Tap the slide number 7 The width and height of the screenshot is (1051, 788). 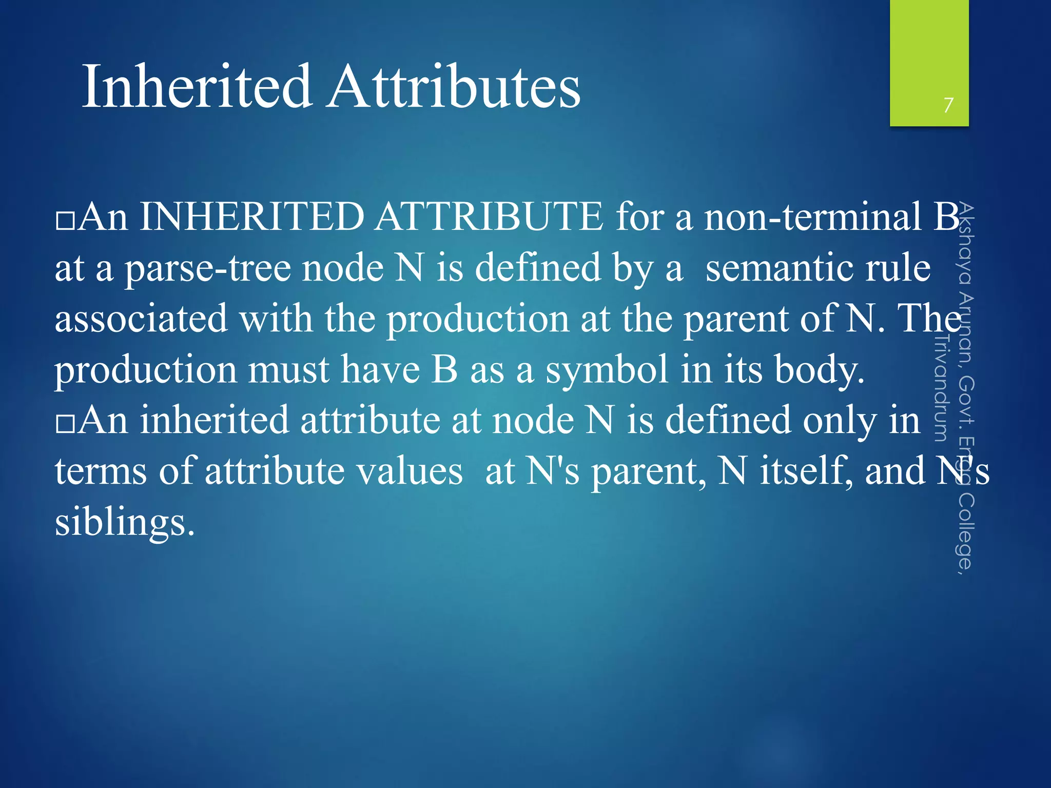tap(948, 105)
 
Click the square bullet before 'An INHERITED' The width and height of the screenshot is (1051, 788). tap(65, 220)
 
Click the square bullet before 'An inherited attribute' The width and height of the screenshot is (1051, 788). tap(65, 424)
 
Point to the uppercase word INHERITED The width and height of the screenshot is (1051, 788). tap(251, 216)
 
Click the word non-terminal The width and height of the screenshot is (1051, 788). tap(813, 216)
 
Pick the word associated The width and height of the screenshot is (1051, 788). tap(141, 318)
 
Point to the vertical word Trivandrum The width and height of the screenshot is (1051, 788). tap(941, 387)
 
